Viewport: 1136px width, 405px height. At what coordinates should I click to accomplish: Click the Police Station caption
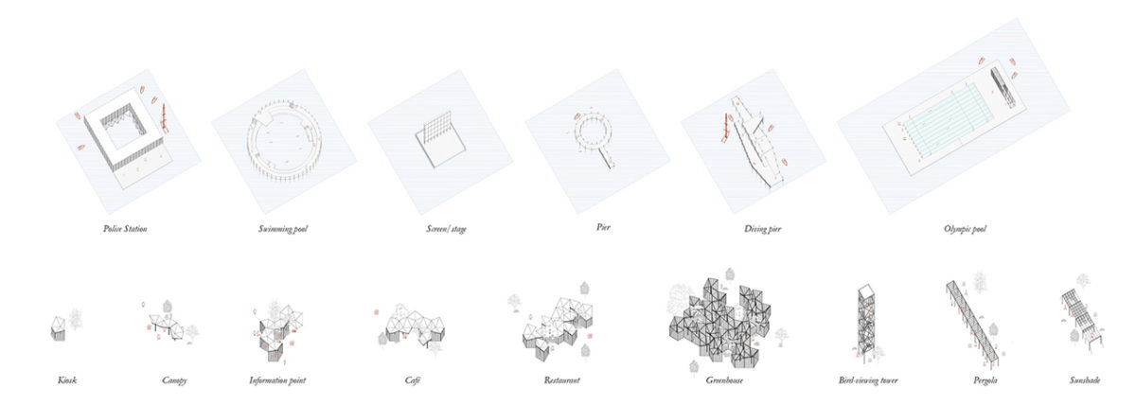click(125, 229)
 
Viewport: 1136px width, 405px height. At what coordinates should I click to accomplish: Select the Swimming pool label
click(283, 229)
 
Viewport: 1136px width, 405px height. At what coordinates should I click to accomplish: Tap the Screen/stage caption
click(446, 229)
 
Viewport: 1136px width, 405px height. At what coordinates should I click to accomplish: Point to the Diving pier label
click(763, 229)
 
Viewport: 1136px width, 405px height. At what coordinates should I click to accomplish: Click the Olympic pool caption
click(965, 229)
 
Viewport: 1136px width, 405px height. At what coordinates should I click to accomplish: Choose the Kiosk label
click(67, 379)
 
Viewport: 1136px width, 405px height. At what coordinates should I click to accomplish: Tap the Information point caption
click(277, 379)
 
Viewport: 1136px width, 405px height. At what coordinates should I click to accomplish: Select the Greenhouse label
click(724, 379)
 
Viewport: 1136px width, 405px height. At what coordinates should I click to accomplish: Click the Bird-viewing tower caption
click(868, 379)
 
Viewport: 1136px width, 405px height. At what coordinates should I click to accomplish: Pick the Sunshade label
click(1085, 379)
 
